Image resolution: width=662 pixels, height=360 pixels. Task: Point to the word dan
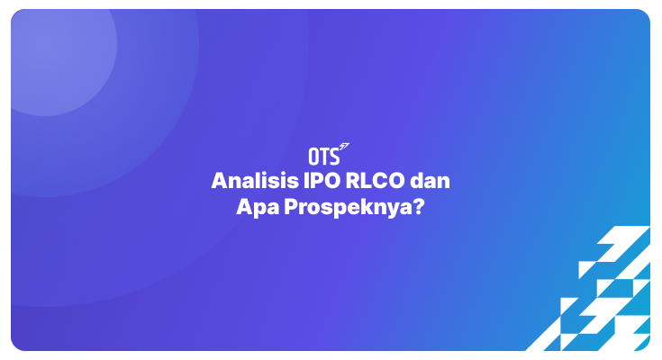[430, 180]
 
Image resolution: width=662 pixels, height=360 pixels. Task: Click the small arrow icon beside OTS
[345, 147]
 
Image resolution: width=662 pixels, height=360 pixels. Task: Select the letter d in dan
[415, 180]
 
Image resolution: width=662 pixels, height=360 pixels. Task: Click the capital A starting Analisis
[219, 180]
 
